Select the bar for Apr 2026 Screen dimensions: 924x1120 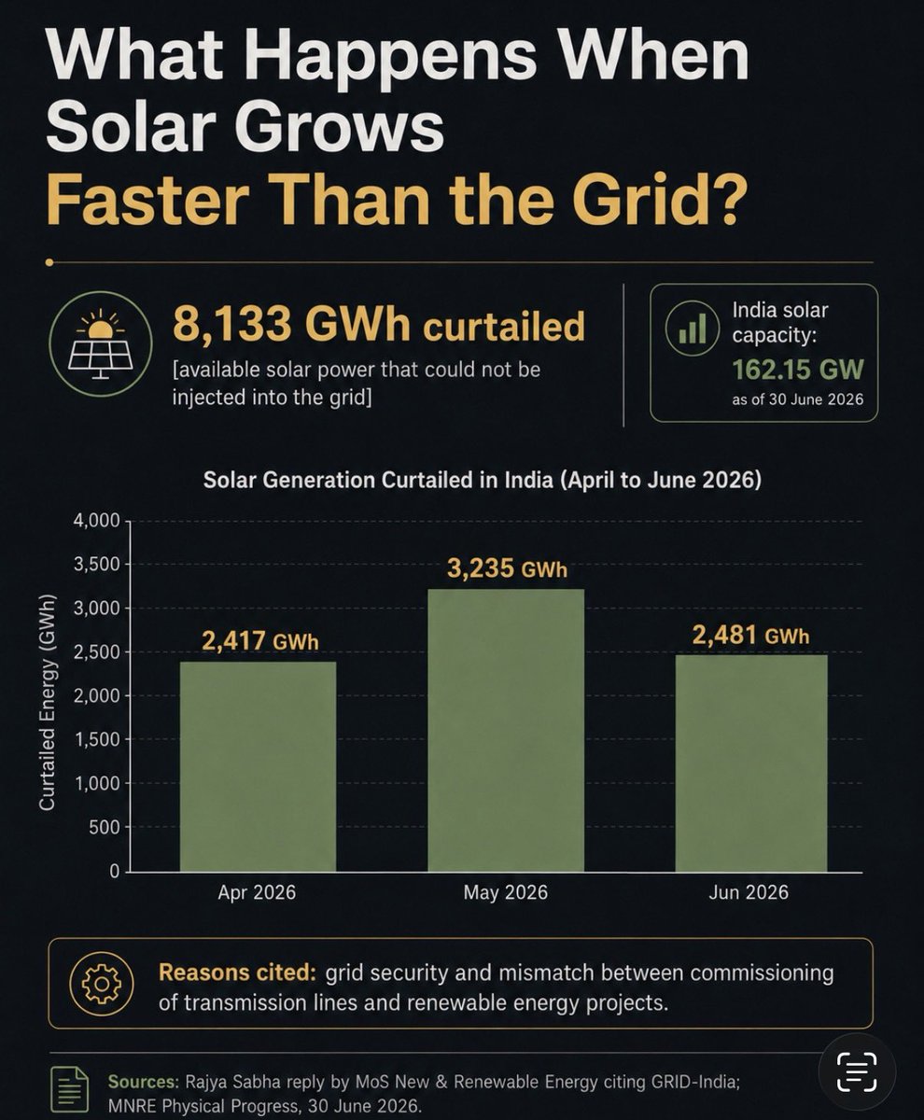tap(258, 766)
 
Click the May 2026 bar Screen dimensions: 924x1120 tap(506, 731)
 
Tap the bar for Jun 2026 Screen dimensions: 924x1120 tap(750, 763)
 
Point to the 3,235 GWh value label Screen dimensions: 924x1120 tap(507, 568)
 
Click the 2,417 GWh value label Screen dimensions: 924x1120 tap(259, 641)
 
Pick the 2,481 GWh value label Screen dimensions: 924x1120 tap(750, 636)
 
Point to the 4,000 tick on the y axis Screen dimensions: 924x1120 tap(96, 520)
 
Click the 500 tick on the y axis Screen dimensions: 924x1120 tap(105, 827)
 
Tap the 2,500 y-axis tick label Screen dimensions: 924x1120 tap(96, 652)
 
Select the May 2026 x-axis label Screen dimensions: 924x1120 tap(506, 892)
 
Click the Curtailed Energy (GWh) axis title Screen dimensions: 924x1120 tap(48, 702)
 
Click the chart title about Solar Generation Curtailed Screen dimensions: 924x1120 tap(482, 480)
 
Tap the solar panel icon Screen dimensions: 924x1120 tap(101, 343)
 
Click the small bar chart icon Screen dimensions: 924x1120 tap(693, 328)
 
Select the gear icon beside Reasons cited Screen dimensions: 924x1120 tap(102, 984)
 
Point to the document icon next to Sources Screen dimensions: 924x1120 tap(69, 1089)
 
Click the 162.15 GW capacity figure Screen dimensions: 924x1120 tap(798, 370)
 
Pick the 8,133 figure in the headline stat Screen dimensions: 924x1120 tap(232, 325)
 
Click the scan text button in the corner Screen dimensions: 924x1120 tap(857, 1072)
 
